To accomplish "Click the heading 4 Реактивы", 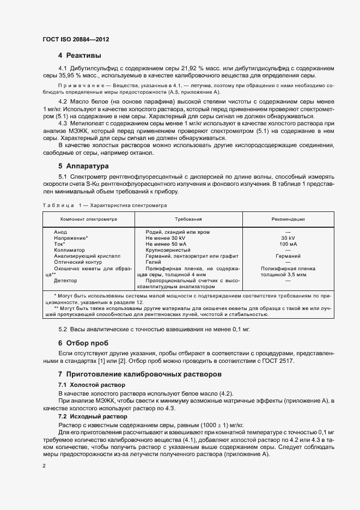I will click(80, 56).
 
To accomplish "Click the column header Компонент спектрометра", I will click(89, 219).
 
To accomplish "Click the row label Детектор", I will click(65, 281).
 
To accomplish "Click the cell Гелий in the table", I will click(154, 262).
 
